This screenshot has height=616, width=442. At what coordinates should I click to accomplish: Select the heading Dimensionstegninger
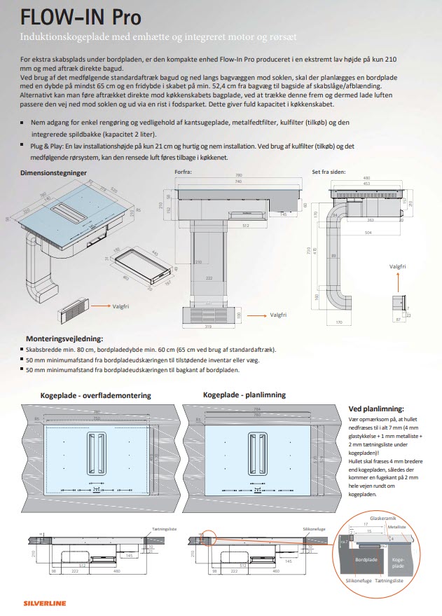[53, 172]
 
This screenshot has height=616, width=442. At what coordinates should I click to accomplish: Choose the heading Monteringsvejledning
[64, 337]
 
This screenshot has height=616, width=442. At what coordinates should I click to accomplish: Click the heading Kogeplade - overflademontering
[95, 395]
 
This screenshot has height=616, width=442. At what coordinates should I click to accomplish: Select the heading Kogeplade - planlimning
[244, 395]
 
